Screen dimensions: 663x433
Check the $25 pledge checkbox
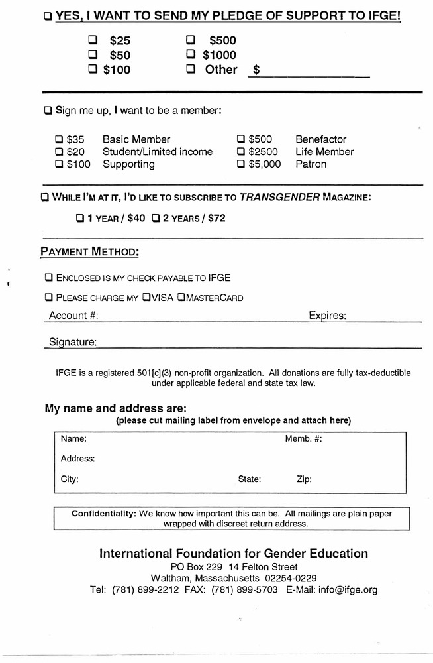click(x=93, y=40)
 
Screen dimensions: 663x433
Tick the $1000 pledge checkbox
click(x=191, y=54)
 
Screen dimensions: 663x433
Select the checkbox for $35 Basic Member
click(x=59, y=139)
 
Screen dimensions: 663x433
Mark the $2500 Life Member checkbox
click(x=241, y=152)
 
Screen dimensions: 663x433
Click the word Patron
click(x=311, y=164)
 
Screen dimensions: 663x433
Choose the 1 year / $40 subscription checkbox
click(x=80, y=217)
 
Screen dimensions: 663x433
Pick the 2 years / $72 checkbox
click(x=156, y=217)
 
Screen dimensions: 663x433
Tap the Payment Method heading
click(x=89, y=251)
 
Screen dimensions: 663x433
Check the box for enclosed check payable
click(x=48, y=278)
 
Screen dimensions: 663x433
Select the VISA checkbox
click(x=146, y=298)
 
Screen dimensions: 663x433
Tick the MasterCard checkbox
click(x=181, y=298)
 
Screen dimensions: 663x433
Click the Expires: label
click(x=327, y=316)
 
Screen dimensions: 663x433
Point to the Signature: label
click(x=73, y=342)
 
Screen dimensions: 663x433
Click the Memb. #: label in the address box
click(x=303, y=439)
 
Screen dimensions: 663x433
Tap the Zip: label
click(x=304, y=479)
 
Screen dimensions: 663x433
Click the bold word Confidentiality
click(x=104, y=514)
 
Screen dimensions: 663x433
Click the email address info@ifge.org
click(x=348, y=590)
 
